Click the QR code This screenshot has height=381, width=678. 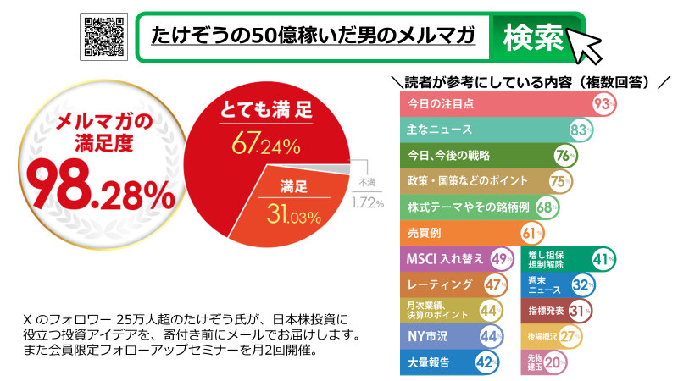(x=103, y=36)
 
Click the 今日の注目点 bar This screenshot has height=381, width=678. (x=496, y=104)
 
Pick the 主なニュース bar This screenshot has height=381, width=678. (x=483, y=130)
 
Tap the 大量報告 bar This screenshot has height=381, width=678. (x=436, y=362)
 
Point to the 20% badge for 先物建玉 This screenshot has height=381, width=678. (x=555, y=362)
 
